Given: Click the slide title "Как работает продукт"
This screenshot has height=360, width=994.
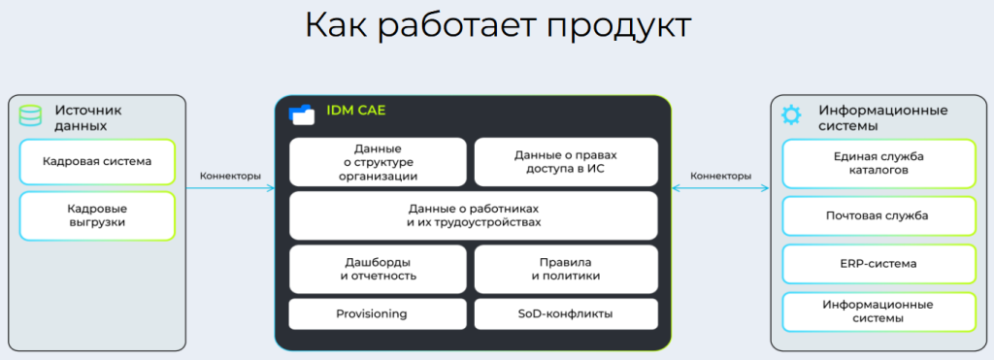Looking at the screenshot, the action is click(x=498, y=26).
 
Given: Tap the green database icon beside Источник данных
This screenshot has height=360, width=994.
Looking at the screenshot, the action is click(x=30, y=116).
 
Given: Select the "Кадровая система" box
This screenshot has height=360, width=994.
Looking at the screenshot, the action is click(x=97, y=162).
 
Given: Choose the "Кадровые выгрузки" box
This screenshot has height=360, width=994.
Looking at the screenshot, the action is click(x=97, y=216).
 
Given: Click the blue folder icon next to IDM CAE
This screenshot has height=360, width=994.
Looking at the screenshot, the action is click(x=302, y=114).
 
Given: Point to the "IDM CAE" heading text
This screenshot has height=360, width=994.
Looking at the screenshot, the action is click(x=355, y=111).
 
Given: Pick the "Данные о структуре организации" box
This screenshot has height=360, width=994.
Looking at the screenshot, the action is click(x=378, y=162).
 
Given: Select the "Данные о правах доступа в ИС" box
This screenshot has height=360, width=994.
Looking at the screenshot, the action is click(x=566, y=162).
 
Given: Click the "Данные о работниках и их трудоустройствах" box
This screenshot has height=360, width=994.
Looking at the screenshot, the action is click(x=474, y=215).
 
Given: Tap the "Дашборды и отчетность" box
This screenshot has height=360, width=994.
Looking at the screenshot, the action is click(x=378, y=270).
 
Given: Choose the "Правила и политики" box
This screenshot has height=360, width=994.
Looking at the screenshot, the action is click(x=566, y=270).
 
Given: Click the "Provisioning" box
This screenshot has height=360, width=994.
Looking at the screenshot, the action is click(x=378, y=313).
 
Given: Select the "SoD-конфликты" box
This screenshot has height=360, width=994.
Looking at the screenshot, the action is click(x=566, y=313).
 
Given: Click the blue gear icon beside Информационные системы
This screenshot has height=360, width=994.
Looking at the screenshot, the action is click(x=791, y=115).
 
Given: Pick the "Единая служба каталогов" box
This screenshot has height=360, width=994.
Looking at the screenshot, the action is click(x=878, y=164).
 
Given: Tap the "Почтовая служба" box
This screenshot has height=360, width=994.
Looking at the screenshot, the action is click(x=878, y=216).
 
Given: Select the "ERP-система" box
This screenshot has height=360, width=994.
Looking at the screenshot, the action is click(x=878, y=264).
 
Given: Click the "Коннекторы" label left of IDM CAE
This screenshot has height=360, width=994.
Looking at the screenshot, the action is click(x=230, y=177).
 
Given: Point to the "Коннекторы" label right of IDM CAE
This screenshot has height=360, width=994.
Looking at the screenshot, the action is click(x=721, y=177).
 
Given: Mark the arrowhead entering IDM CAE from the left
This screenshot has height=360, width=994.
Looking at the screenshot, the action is click(x=272, y=187).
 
